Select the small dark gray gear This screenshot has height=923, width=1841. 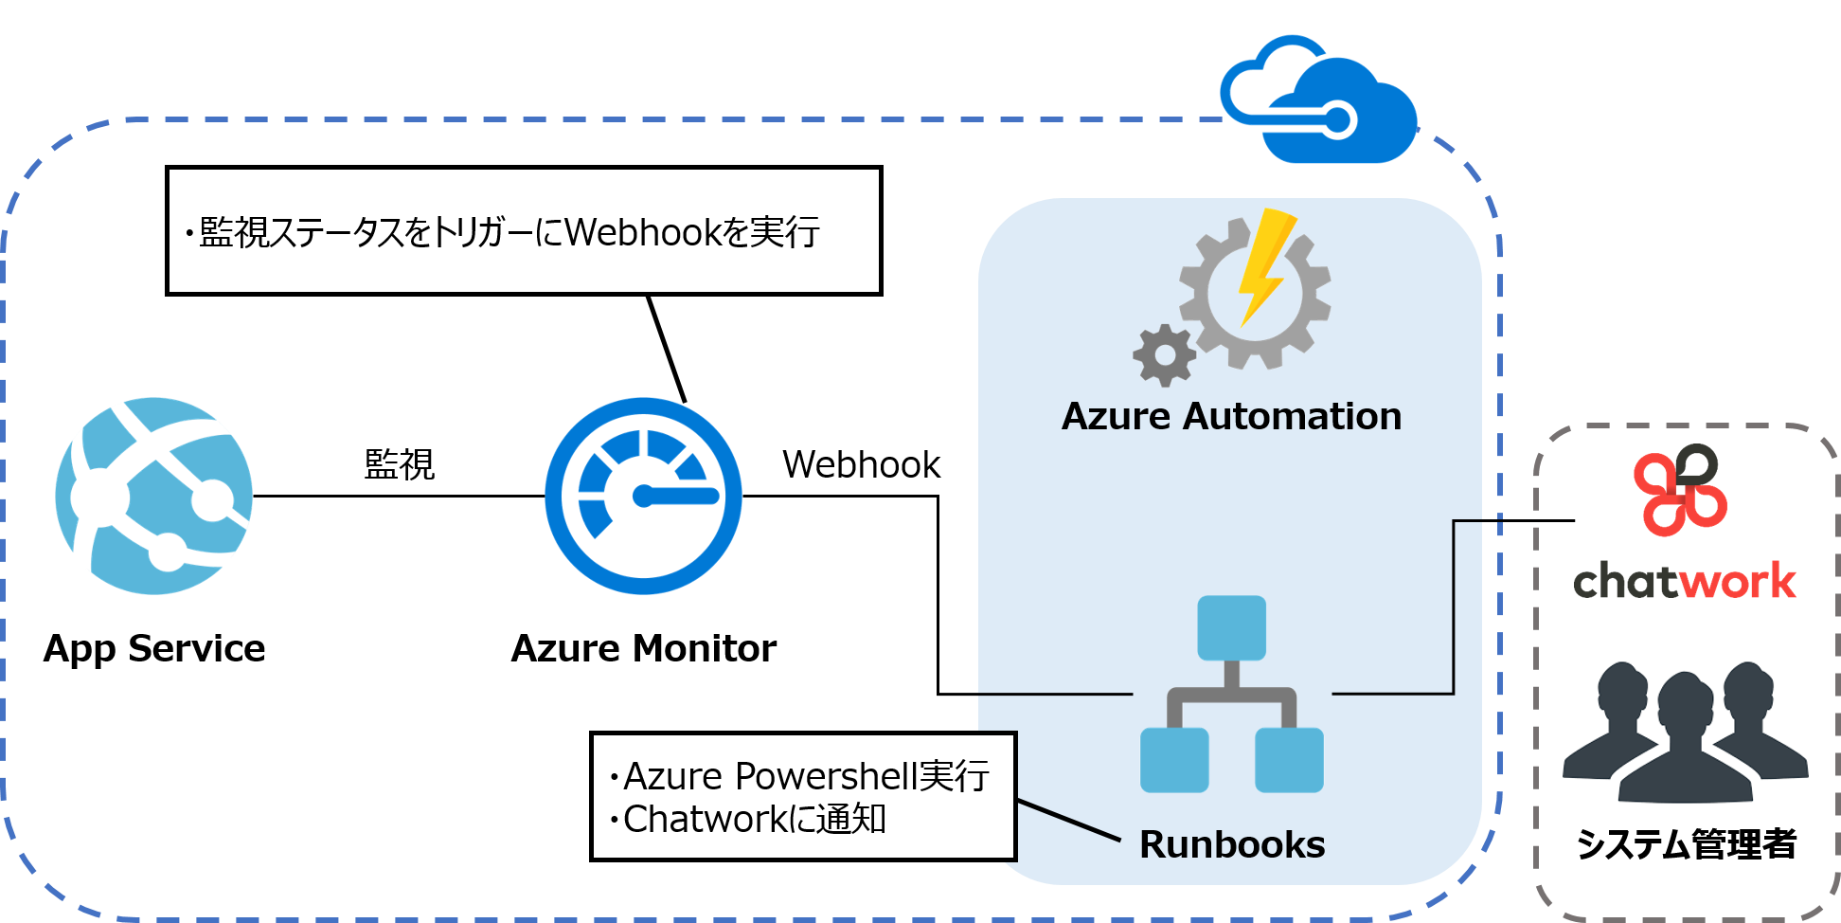pyautogui.click(x=1164, y=355)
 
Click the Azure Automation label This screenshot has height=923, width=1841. pyautogui.click(x=1231, y=417)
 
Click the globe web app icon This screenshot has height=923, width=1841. pyautogui.click(x=154, y=496)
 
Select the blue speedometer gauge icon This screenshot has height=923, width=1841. pyautogui.click(x=643, y=496)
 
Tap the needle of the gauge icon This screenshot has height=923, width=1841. pyautogui.click(x=677, y=496)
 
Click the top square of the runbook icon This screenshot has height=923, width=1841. pyautogui.click(x=1231, y=627)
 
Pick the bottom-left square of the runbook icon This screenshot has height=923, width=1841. pyautogui.click(x=1174, y=760)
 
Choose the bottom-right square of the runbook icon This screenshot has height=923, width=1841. pyautogui.click(x=1289, y=760)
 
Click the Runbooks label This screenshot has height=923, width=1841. pyautogui.click(x=1232, y=844)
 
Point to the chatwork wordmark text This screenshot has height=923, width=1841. pyautogui.click(x=1684, y=581)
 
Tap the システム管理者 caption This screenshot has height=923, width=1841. pyautogui.click(x=1686, y=842)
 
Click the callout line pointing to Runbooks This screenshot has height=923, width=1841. pyautogui.click(x=1068, y=820)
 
